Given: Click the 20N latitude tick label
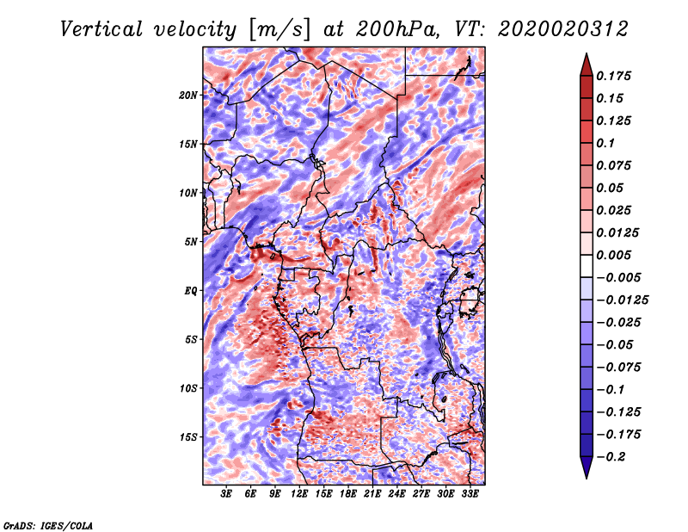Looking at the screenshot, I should tap(188, 95).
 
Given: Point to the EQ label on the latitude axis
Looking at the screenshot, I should tap(191, 291).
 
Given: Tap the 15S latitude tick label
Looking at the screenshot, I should tap(188, 437).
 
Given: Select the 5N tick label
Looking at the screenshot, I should tap(191, 242).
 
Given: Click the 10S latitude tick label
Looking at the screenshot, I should tap(188, 388).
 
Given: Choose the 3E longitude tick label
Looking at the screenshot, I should tap(227, 495).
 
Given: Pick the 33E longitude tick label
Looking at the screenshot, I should tap(470, 495).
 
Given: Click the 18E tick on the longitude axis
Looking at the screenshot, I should tap(348, 495).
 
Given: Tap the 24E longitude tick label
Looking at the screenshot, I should tap(396, 495).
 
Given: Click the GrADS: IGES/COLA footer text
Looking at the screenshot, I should tap(48, 524).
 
